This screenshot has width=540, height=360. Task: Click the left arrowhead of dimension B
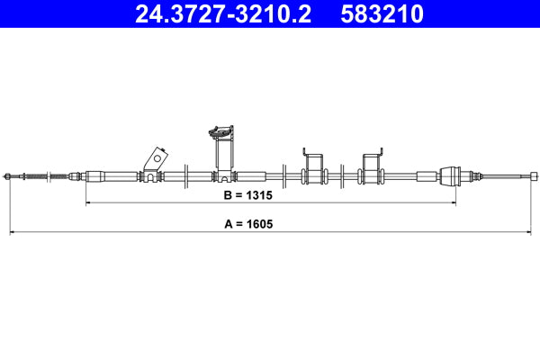88,203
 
